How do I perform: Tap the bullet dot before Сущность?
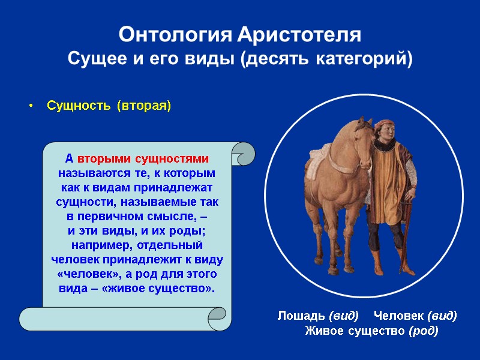[x=31, y=107]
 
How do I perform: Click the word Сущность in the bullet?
[x=79, y=106]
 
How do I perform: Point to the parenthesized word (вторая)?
[x=143, y=106]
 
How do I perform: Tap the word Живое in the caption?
[x=323, y=331]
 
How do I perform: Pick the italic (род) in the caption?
[x=423, y=331]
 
